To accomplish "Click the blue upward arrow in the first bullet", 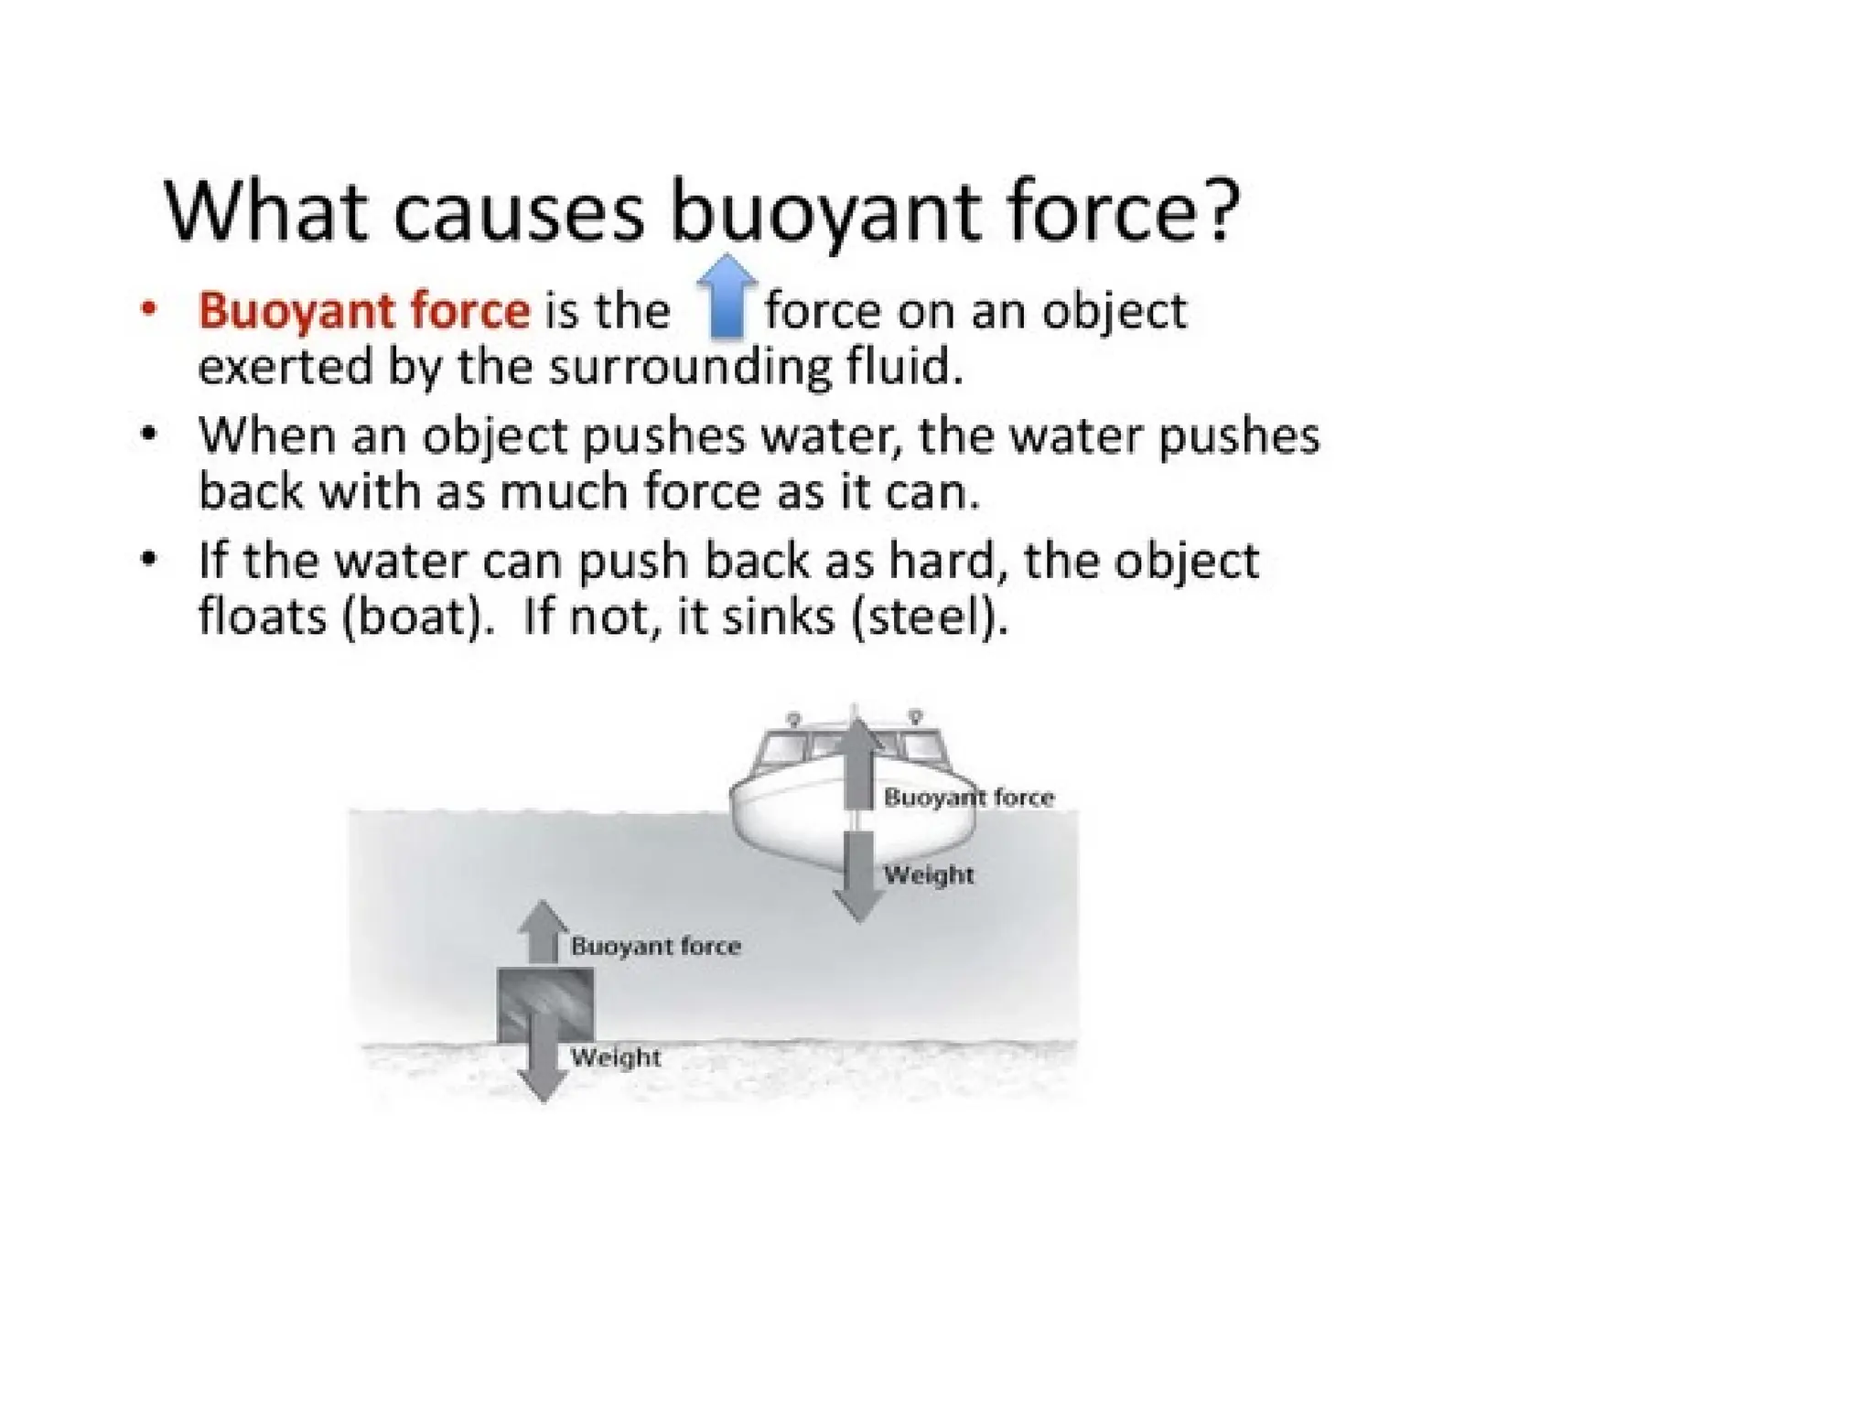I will click(727, 296).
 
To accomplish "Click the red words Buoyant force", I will click(364, 311).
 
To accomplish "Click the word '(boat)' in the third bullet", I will click(411, 617).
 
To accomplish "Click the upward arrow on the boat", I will click(857, 764).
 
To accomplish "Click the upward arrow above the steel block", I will click(544, 932).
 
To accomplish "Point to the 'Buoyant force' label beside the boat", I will click(969, 798).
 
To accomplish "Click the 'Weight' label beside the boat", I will click(929, 874).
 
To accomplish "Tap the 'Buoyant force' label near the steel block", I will click(655, 946).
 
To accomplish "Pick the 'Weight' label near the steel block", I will click(616, 1057).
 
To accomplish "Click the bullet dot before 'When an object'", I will click(149, 433).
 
